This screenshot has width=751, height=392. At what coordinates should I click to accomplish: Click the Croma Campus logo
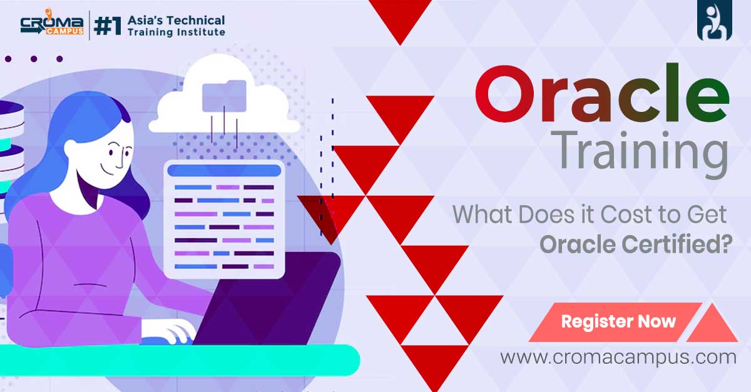[x=51, y=25]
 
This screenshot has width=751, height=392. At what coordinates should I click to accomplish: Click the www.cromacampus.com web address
[x=618, y=358]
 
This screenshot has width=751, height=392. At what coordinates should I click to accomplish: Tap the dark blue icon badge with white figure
[x=714, y=21]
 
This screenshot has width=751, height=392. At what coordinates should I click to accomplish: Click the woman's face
[x=116, y=156]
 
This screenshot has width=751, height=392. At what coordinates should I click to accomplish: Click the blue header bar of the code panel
[x=224, y=170]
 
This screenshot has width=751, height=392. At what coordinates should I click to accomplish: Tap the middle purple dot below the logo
[x=34, y=59]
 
